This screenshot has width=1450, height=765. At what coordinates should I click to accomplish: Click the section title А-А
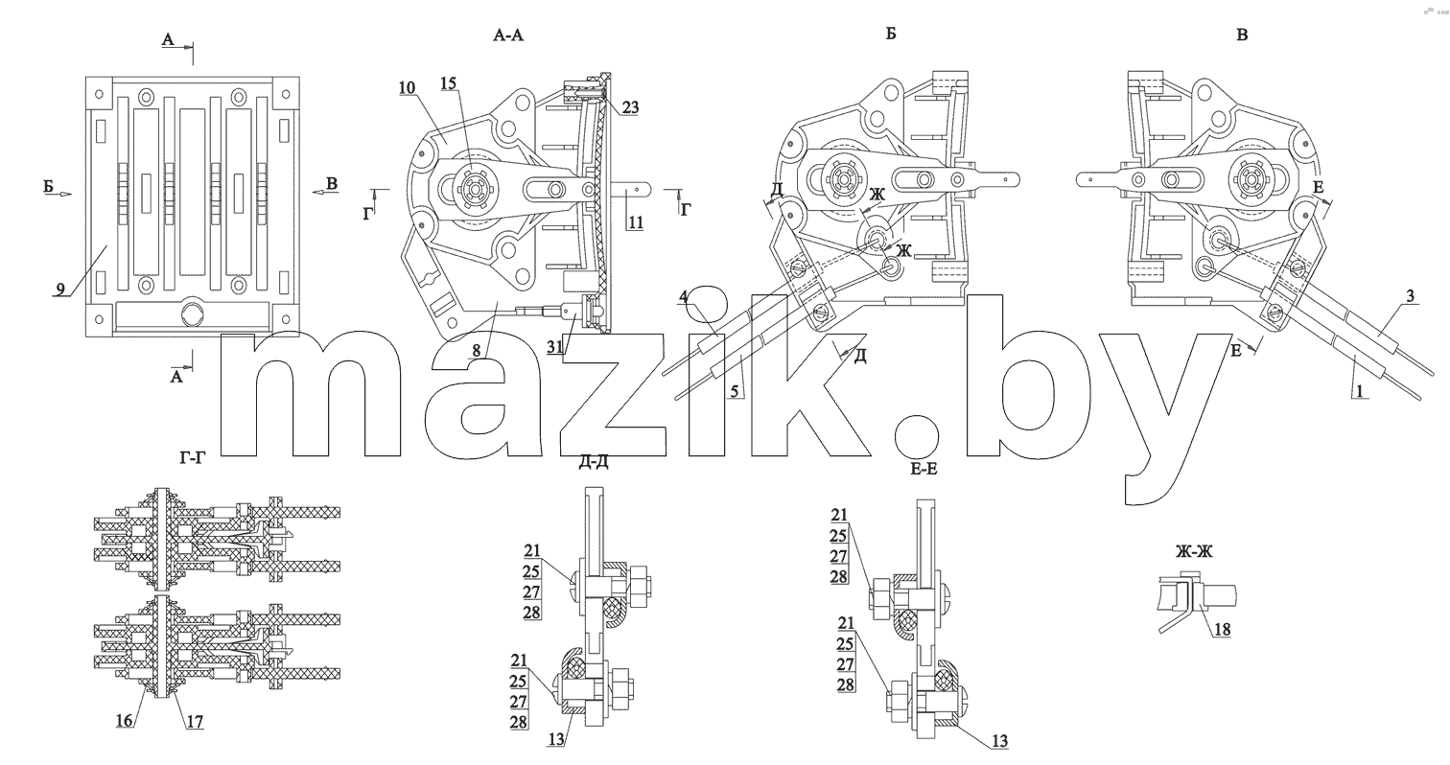click(x=508, y=35)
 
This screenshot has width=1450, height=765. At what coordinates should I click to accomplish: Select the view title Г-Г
click(x=193, y=458)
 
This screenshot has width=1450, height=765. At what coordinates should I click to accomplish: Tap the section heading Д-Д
click(x=594, y=462)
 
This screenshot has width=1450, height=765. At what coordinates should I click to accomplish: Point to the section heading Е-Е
click(x=924, y=469)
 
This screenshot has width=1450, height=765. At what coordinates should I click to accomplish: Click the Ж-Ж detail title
click(x=1194, y=551)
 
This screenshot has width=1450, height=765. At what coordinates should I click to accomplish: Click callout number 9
click(x=60, y=289)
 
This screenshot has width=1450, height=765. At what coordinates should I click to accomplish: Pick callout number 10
click(x=408, y=88)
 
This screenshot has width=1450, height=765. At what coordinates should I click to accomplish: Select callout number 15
click(x=448, y=83)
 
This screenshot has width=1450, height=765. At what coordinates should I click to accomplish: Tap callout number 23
click(x=630, y=107)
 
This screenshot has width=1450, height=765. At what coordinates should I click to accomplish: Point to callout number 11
click(x=636, y=222)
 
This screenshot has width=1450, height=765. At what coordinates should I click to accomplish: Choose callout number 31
click(x=554, y=347)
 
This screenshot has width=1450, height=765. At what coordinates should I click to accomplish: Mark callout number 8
click(x=477, y=350)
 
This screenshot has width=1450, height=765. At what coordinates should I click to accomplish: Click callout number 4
click(x=684, y=297)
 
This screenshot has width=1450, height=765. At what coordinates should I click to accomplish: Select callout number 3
click(x=1410, y=296)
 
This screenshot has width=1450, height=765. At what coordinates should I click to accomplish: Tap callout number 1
click(x=1360, y=391)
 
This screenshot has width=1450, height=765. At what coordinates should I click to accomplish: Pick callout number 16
click(x=125, y=721)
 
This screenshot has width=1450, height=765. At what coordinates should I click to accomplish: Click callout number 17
click(x=195, y=722)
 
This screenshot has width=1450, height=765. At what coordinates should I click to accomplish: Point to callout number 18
click(x=1222, y=629)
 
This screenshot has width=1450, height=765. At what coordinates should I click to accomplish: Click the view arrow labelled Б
click(x=62, y=194)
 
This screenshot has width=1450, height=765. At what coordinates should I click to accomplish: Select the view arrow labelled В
click(x=321, y=192)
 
